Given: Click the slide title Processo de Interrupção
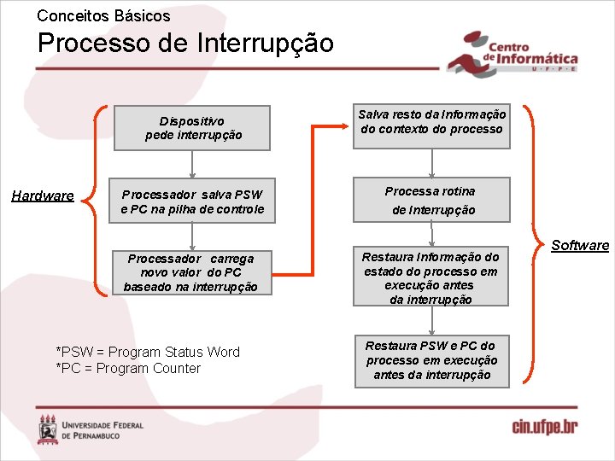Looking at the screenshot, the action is click(x=185, y=43).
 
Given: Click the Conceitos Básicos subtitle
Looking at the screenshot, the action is click(x=103, y=15).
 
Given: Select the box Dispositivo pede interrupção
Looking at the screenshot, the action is click(x=192, y=128).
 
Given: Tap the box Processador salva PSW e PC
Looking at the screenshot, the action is click(x=192, y=201).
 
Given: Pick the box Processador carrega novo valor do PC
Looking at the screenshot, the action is click(x=190, y=272).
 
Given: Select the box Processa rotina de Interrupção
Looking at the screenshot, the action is click(x=431, y=200).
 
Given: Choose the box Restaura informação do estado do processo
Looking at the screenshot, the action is click(x=431, y=277).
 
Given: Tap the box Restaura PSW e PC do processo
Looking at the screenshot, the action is click(x=431, y=360).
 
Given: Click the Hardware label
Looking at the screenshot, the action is click(x=43, y=196).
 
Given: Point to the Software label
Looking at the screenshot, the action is click(x=580, y=246).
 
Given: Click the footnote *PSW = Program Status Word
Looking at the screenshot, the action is click(x=147, y=352).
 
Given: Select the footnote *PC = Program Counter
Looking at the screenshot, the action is click(x=128, y=368).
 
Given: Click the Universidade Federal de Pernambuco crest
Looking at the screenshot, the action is click(x=49, y=429).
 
